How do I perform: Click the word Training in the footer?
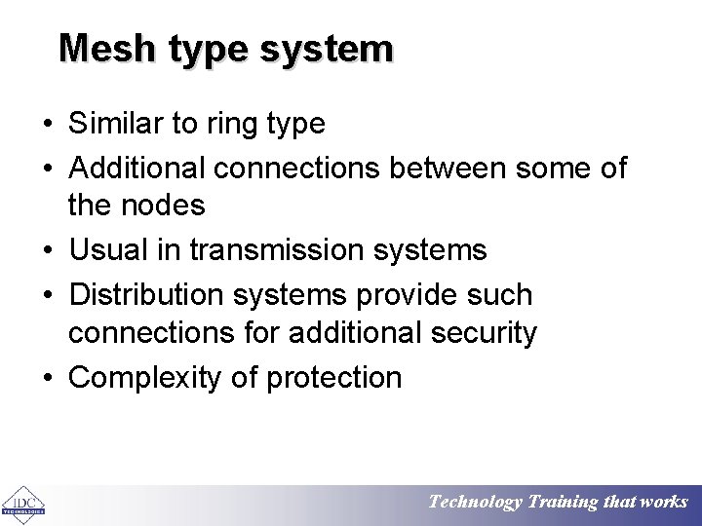point(564,503)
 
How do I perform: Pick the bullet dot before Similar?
point(47,125)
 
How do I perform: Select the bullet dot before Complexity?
point(47,378)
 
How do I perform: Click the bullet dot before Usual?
point(47,250)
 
